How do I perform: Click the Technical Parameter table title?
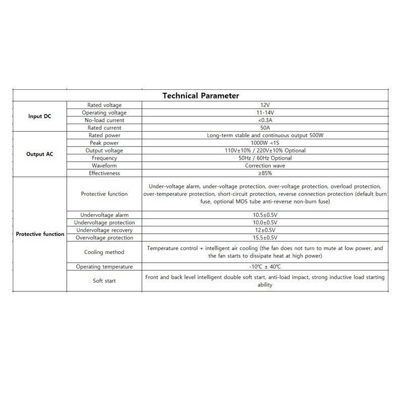tap(200, 95)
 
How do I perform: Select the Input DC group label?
tap(39, 116)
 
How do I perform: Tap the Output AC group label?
tap(39, 154)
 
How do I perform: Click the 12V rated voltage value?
tap(265, 105)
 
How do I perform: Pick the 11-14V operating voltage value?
tap(265, 113)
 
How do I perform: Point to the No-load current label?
tap(104, 120)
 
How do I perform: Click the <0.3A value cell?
tap(265, 120)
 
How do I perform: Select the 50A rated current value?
tap(265, 128)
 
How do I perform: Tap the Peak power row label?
tap(104, 143)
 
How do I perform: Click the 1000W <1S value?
tap(265, 143)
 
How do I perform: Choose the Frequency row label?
tap(104, 158)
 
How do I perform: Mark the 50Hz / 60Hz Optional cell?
tap(265, 158)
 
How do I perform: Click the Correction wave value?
tap(265, 166)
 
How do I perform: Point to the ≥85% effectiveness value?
tap(265, 173)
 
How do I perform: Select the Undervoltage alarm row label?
tap(104, 215)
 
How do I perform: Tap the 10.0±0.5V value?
tap(265, 223)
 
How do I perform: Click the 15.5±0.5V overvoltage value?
tap(265, 238)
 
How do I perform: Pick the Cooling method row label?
tap(104, 252)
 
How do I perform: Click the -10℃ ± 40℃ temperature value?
tap(265, 267)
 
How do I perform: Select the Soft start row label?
tap(104, 281)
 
